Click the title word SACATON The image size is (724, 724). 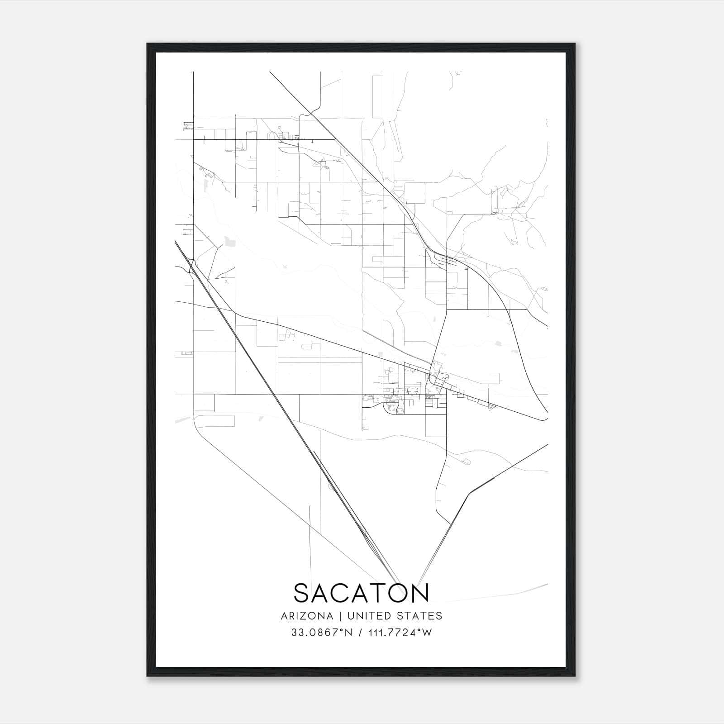[x=361, y=593]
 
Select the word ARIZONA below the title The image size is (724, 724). [x=307, y=616]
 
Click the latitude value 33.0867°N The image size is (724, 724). [x=322, y=633]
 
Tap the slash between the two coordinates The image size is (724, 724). [x=360, y=633]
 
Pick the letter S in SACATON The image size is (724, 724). [x=302, y=593]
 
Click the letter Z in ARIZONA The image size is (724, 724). [x=304, y=616]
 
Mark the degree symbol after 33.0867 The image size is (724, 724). [x=342, y=630]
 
